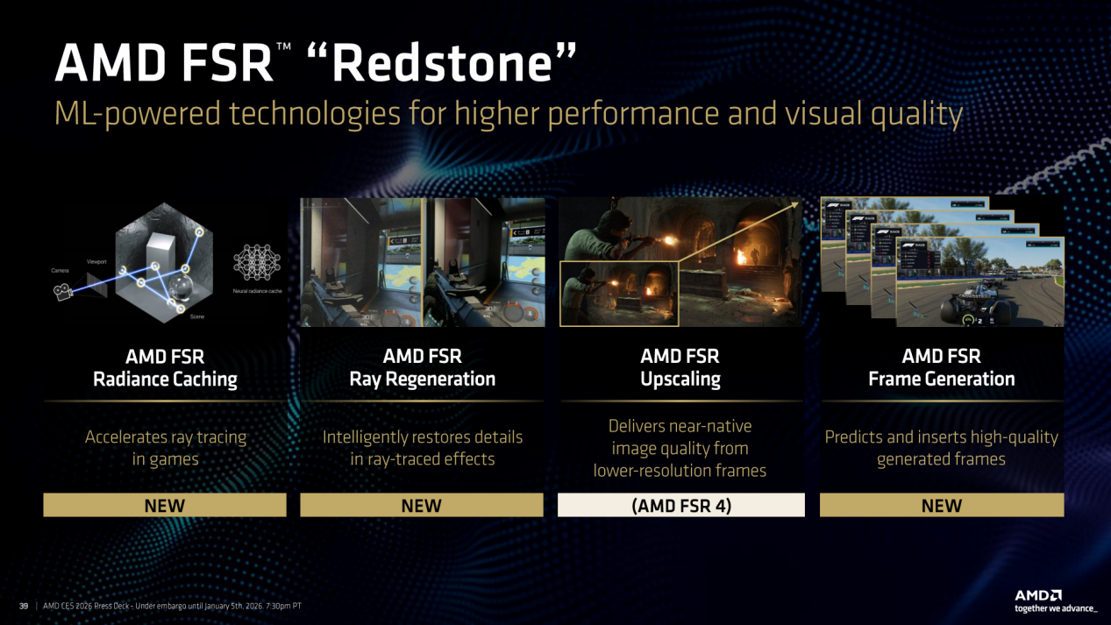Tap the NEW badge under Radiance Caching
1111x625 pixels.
click(x=165, y=505)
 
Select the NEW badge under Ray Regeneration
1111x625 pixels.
click(x=422, y=505)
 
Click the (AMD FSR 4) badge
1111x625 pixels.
click(x=680, y=505)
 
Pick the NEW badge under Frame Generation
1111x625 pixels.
click(x=941, y=505)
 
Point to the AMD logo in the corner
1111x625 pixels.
click(x=1038, y=595)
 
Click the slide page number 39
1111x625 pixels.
click(x=24, y=606)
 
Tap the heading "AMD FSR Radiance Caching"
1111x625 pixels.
click(x=165, y=368)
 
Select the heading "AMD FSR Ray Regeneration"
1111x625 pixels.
click(x=422, y=368)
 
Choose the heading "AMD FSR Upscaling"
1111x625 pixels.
click(x=680, y=368)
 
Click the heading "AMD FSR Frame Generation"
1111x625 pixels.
click(x=941, y=368)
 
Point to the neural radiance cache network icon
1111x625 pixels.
click(x=256, y=261)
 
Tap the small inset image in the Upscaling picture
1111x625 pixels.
click(x=618, y=294)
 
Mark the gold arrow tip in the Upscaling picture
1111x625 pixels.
click(x=795, y=205)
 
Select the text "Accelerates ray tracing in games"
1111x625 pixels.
click(x=165, y=448)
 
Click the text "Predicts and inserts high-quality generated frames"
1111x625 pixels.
click(x=941, y=448)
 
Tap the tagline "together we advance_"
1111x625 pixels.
click(x=1055, y=608)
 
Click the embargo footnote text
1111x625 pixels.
click(x=172, y=606)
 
